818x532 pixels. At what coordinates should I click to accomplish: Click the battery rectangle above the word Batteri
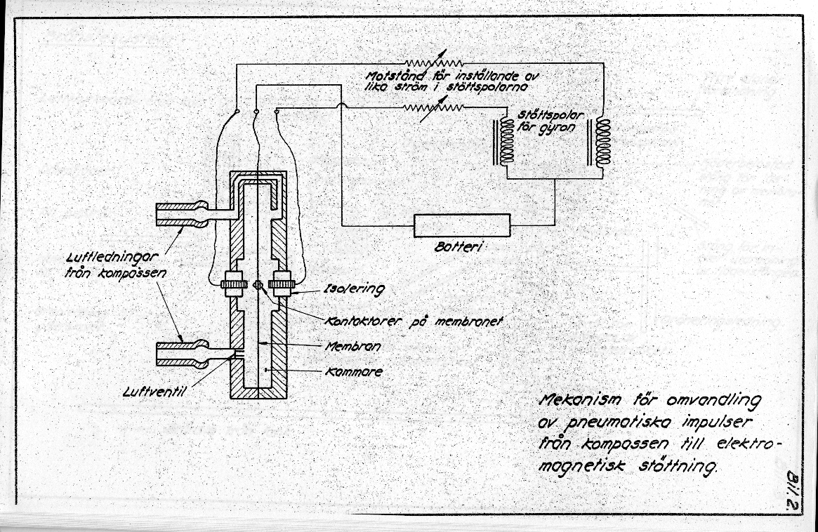[x=461, y=225]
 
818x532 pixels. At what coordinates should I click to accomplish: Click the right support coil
[x=602, y=141]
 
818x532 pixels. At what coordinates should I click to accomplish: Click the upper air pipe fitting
[x=181, y=213]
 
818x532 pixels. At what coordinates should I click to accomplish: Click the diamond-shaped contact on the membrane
[x=258, y=285]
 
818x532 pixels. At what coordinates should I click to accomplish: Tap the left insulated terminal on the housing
[x=232, y=285]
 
